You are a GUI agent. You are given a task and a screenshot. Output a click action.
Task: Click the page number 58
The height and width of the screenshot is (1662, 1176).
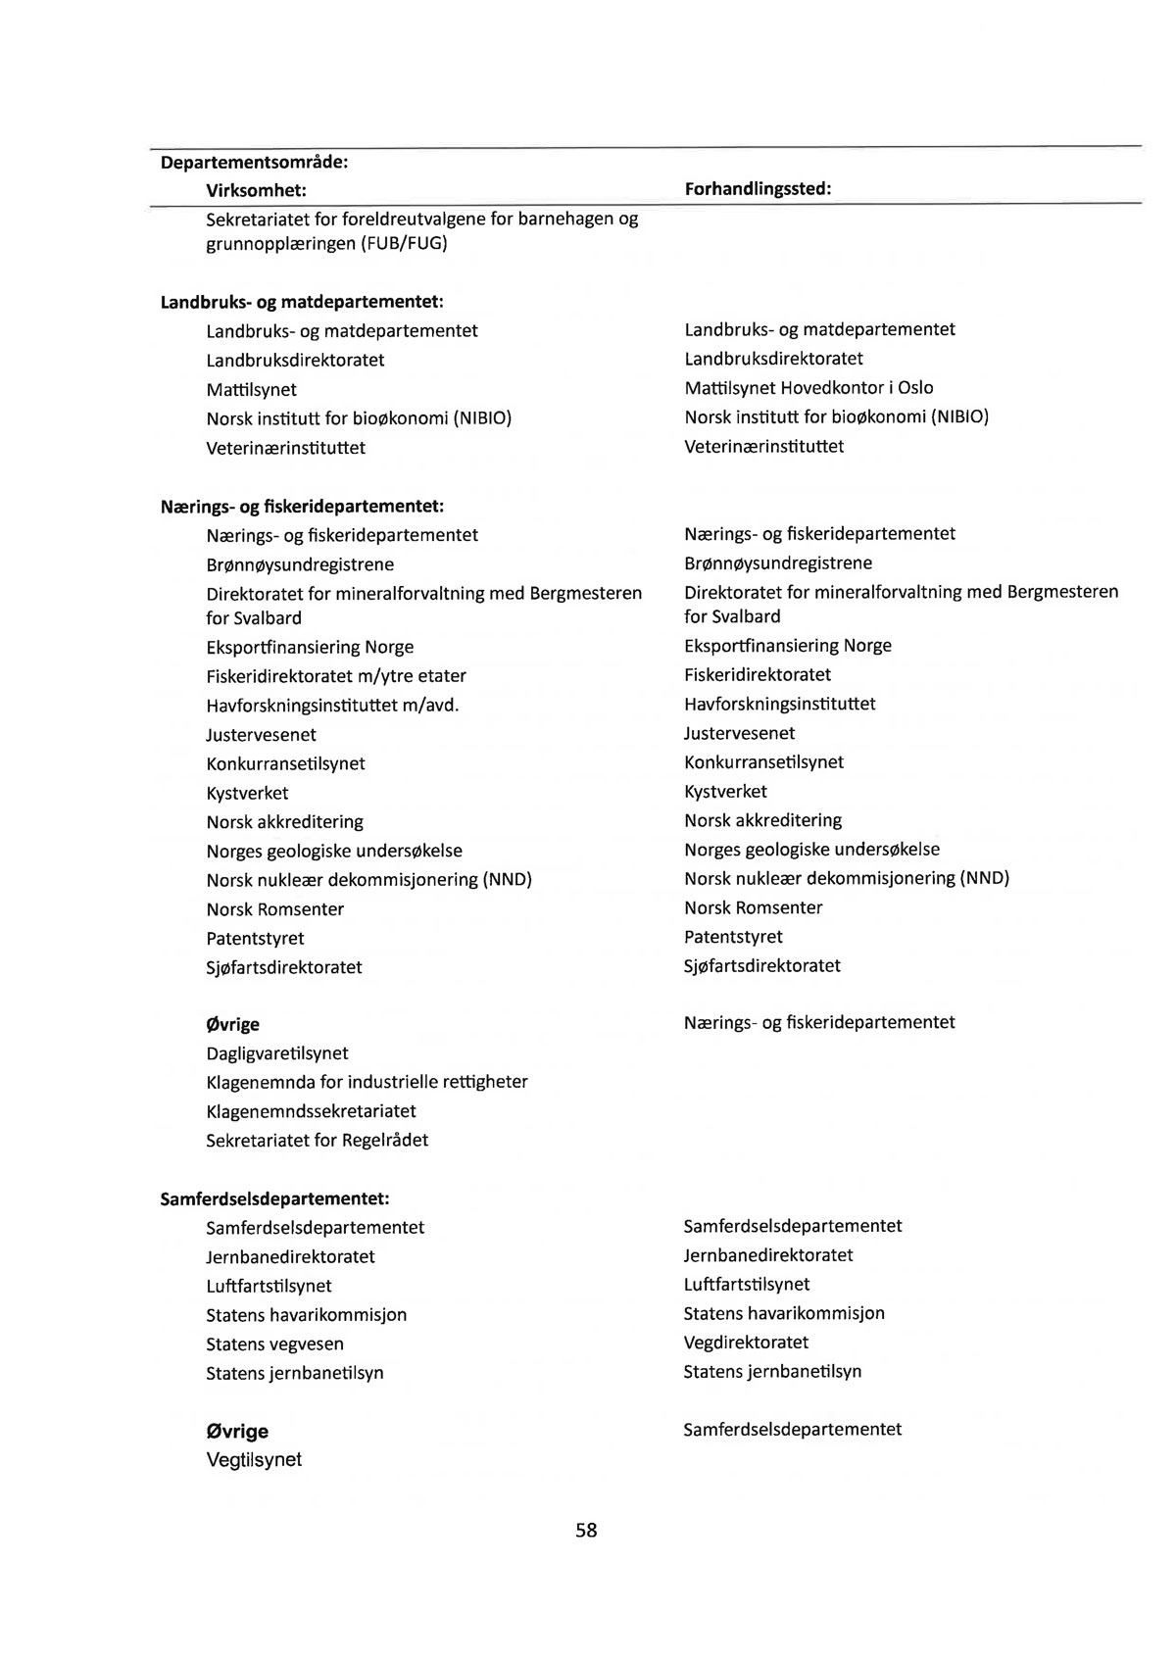(586, 1530)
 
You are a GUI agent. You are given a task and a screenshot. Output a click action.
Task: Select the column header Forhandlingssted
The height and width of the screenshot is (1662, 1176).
(758, 188)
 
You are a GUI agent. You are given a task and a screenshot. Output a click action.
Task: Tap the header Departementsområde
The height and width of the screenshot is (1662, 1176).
(255, 161)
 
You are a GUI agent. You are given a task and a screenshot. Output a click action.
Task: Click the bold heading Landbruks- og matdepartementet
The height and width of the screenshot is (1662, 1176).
(302, 302)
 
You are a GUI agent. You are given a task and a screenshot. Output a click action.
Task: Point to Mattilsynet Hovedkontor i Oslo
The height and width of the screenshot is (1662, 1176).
(808, 387)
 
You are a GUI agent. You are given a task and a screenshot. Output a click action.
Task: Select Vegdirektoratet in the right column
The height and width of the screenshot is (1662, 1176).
(746, 1342)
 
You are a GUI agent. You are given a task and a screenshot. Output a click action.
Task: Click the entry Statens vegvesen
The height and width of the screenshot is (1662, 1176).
(274, 1344)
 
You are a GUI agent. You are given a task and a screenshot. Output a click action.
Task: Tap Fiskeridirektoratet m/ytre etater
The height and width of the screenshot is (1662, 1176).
(336, 676)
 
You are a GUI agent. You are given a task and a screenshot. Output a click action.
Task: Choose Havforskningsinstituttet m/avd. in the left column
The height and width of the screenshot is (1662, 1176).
(332, 706)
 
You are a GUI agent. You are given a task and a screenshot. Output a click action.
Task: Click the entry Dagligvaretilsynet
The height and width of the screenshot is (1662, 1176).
(277, 1053)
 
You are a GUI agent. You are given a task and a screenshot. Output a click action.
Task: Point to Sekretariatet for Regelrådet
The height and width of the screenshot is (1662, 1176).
(317, 1140)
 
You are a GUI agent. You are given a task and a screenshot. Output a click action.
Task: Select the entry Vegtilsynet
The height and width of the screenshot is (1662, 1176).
(254, 1459)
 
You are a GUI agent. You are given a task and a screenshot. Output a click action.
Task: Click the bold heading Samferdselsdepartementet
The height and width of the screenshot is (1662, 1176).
(274, 1198)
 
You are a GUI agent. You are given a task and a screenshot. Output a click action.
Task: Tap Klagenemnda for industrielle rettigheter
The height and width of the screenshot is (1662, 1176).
(367, 1082)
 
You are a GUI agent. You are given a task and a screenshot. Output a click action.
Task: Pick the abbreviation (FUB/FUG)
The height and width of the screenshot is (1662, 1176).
(403, 243)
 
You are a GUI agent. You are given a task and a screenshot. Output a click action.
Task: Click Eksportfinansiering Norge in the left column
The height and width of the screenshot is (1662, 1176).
(310, 647)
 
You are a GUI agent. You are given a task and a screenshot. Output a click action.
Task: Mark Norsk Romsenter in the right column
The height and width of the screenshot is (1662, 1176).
(753, 907)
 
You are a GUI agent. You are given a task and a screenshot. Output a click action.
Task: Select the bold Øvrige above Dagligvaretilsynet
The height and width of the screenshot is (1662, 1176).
(232, 1024)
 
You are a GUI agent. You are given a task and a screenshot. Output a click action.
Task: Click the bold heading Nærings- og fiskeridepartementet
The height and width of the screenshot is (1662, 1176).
(302, 506)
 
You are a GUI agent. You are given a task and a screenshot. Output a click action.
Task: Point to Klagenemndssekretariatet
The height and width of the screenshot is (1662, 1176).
(311, 1111)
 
